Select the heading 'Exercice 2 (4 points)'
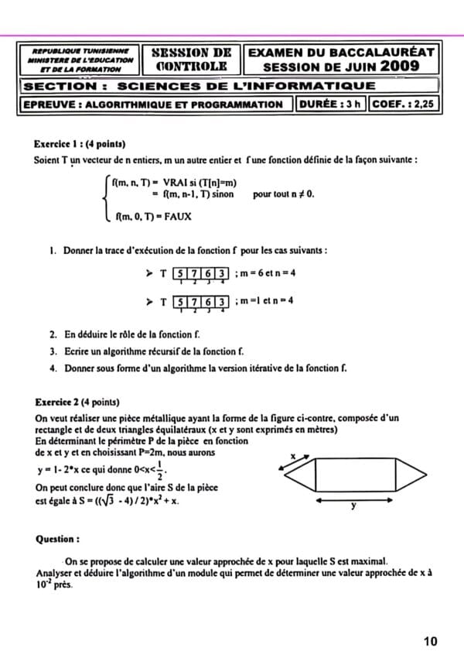[x=77, y=403]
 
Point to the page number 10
[x=431, y=641]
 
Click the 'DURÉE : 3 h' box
[x=330, y=105]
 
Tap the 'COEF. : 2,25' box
[x=402, y=105]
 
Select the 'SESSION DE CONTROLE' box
[x=192, y=60]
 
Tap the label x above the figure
[x=293, y=458]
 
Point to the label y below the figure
[x=353, y=508]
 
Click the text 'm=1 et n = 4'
[x=264, y=300]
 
